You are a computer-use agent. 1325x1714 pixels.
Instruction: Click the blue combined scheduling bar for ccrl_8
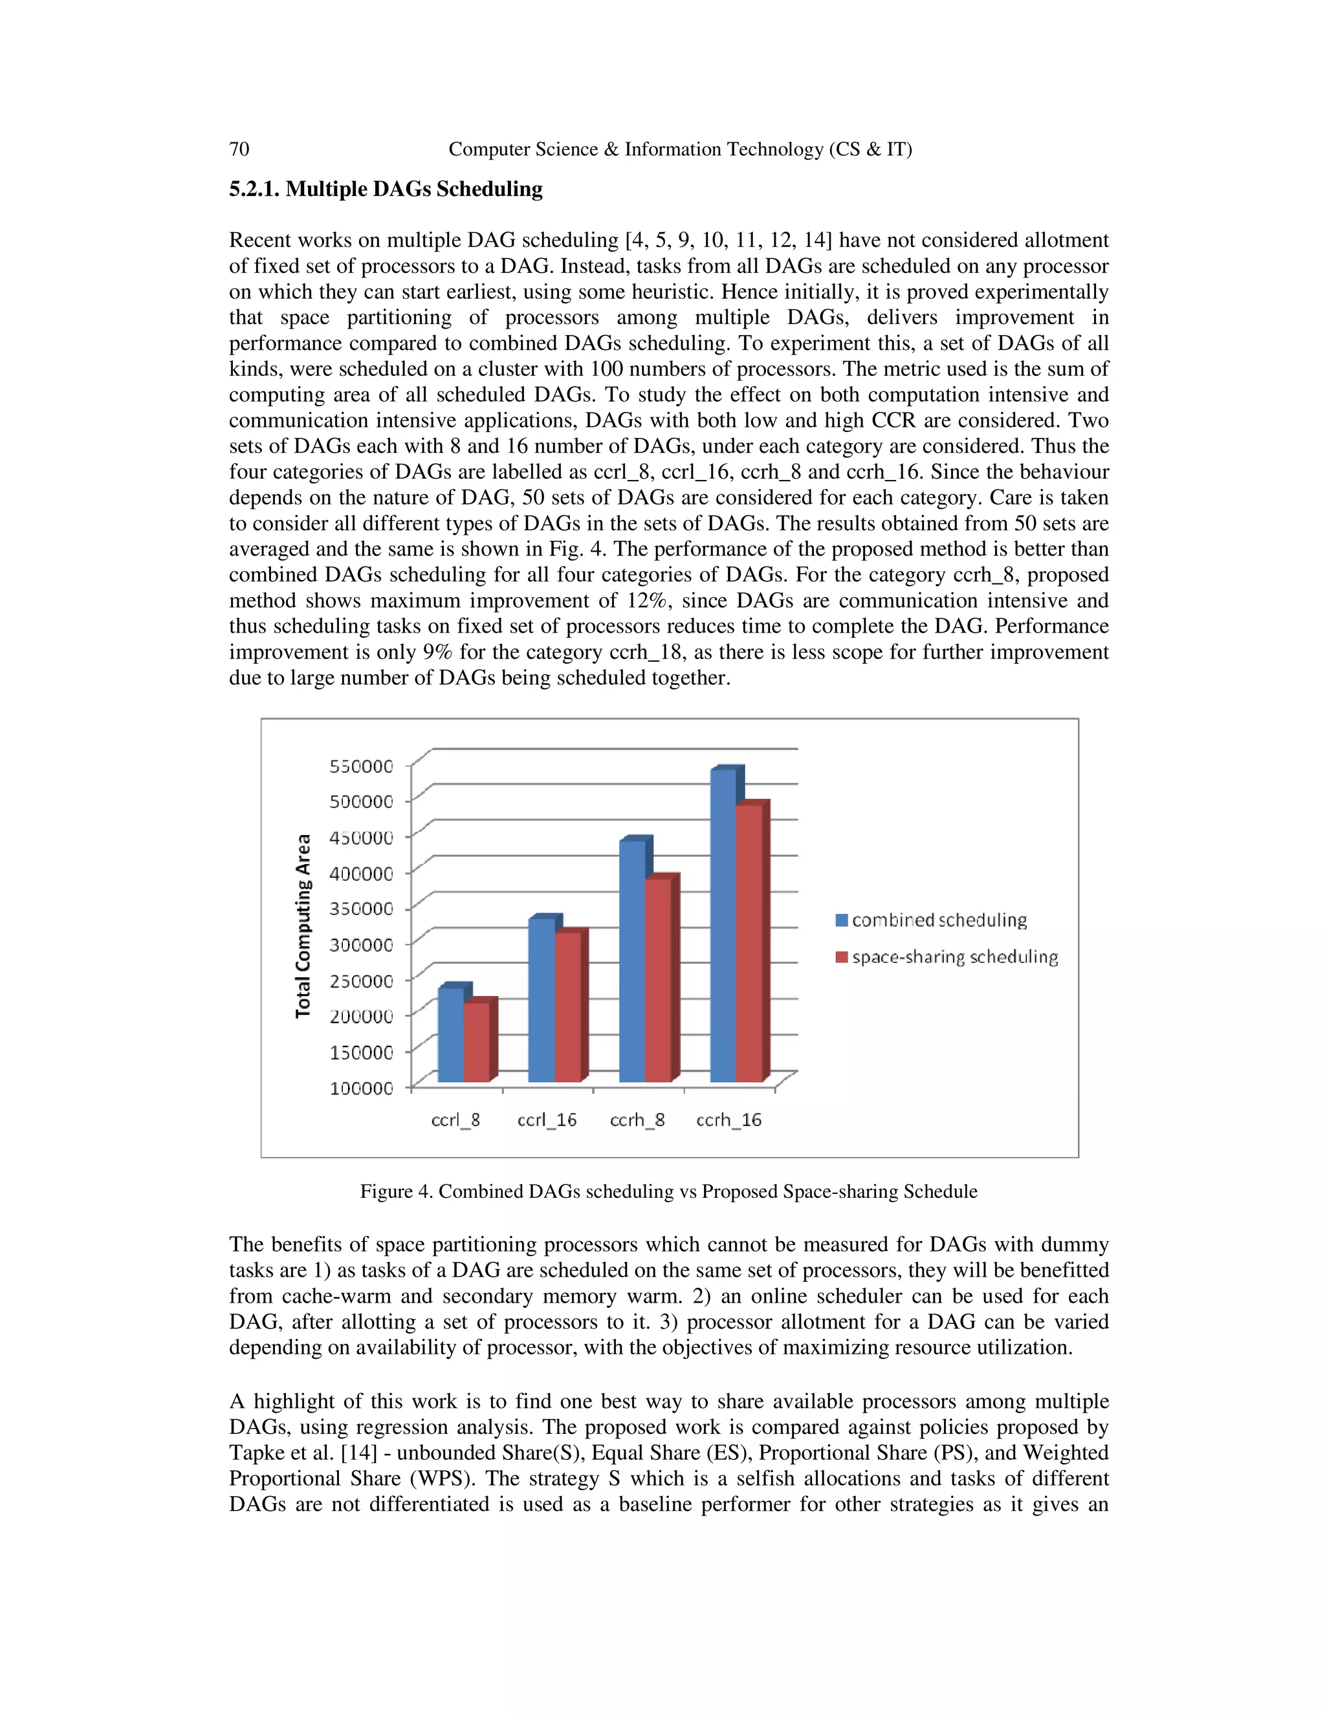coord(450,1034)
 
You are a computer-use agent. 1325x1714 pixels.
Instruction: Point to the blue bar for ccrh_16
coord(723,926)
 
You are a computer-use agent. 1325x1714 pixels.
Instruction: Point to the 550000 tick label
coord(361,766)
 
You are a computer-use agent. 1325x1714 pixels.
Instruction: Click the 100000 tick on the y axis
coord(361,1088)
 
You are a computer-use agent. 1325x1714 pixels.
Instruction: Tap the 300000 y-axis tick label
coord(361,945)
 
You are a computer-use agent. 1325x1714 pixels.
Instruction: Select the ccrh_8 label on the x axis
coord(637,1120)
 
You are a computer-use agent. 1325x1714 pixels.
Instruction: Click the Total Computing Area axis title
coord(303,926)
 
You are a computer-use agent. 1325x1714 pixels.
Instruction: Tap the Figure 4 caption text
coord(668,1191)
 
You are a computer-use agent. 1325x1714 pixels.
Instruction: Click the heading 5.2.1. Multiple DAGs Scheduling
coord(386,189)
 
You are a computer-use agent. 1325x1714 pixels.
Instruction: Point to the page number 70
coord(239,149)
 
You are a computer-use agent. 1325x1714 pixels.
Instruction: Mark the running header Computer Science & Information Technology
coord(680,149)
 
